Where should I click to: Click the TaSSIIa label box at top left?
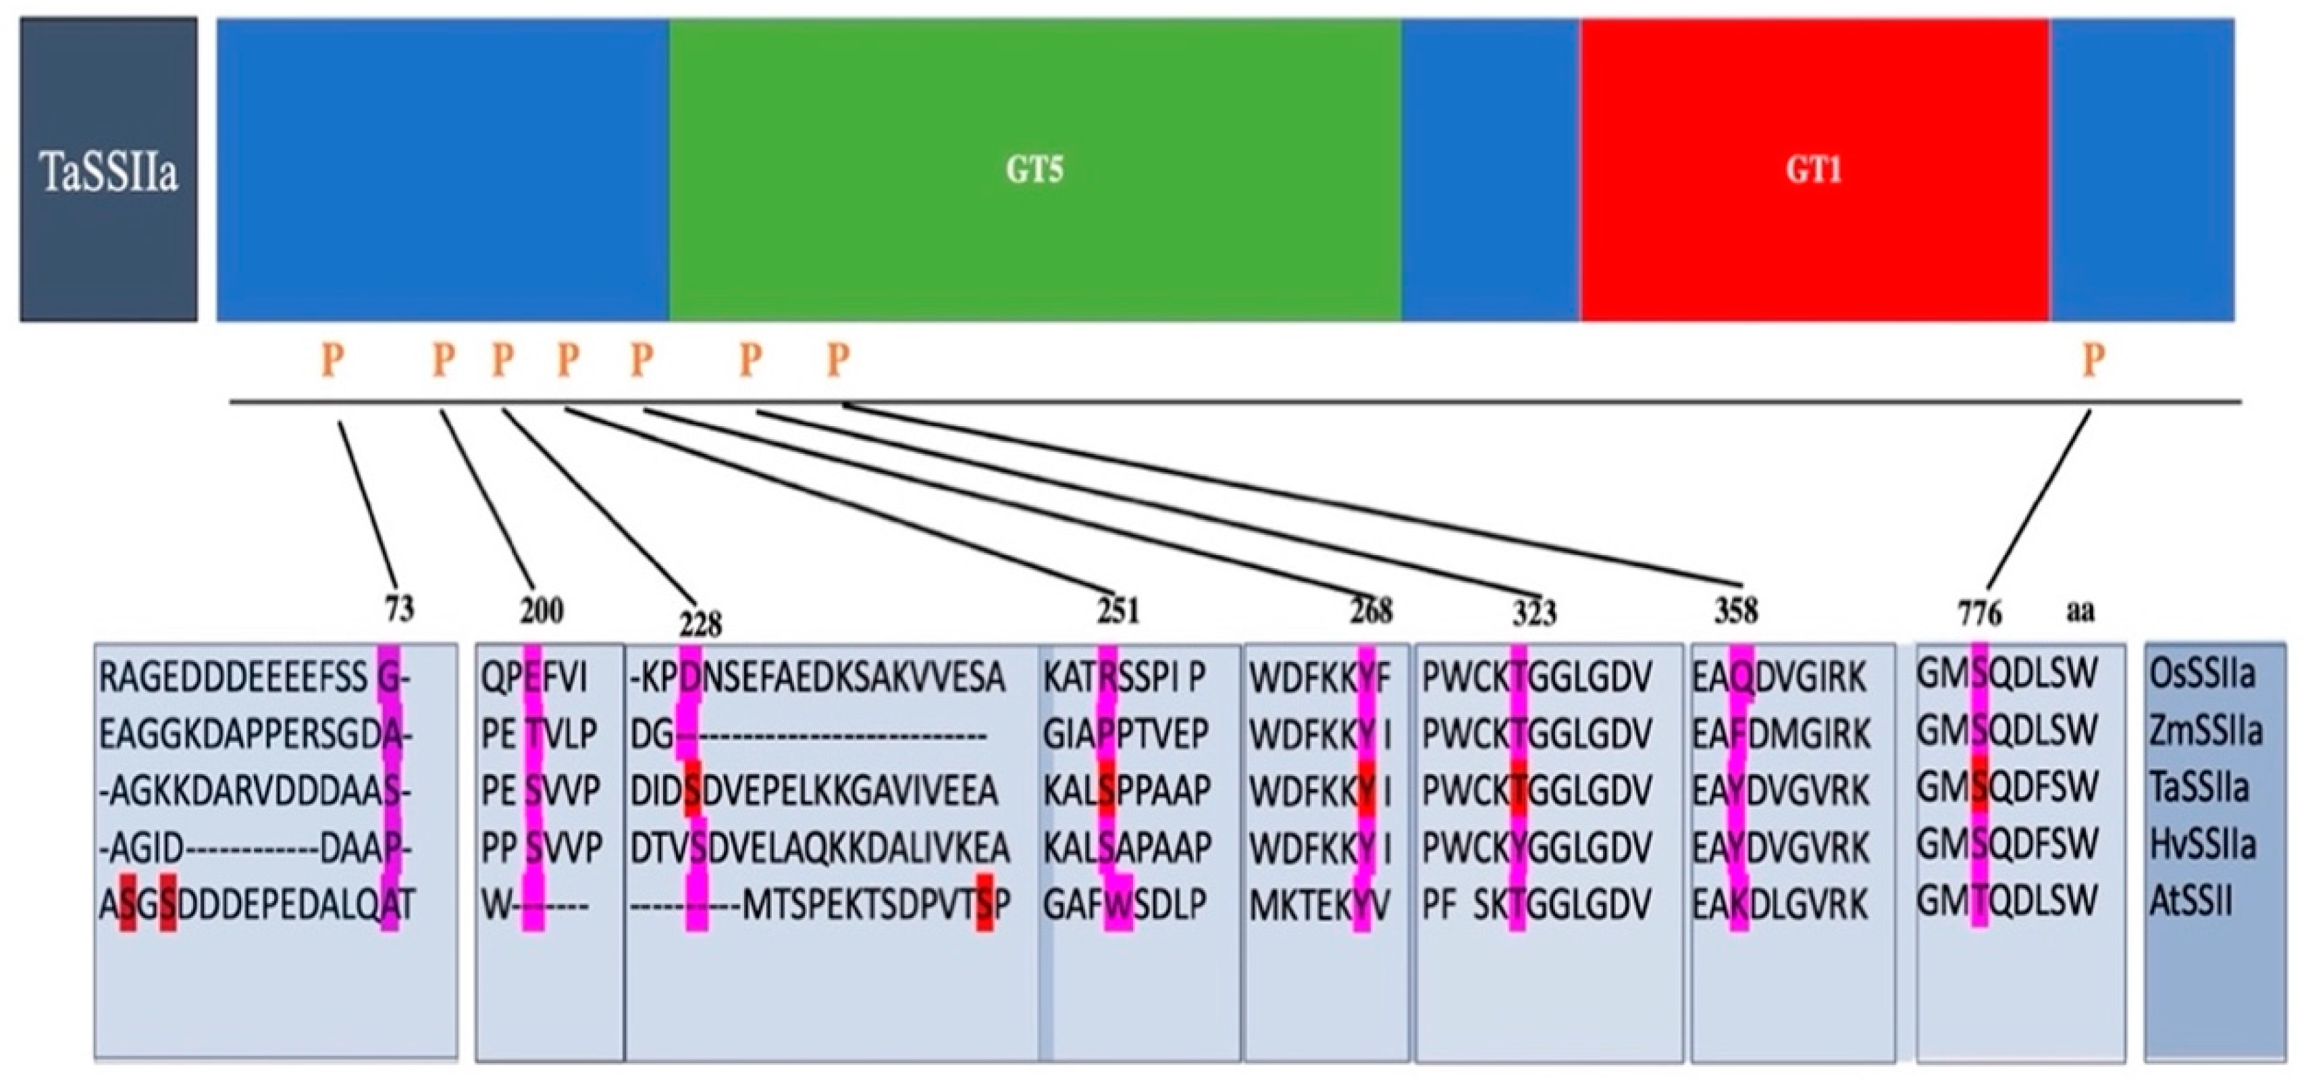[109, 170]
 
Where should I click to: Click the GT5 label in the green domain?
[1034, 169]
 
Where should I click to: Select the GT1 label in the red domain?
[1813, 169]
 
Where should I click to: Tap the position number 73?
[399, 610]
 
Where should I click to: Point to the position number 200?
[542, 611]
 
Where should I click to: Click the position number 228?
[700, 623]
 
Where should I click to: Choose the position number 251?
[1118, 611]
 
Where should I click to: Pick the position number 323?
[1534, 613]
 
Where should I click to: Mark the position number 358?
[1736, 611]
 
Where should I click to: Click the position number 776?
[1979, 613]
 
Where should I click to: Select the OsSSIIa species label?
[2201, 675]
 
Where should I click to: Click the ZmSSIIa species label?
[2205, 732]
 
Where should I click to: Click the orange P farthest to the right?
[2092, 361]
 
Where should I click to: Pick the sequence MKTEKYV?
[1319, 906]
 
